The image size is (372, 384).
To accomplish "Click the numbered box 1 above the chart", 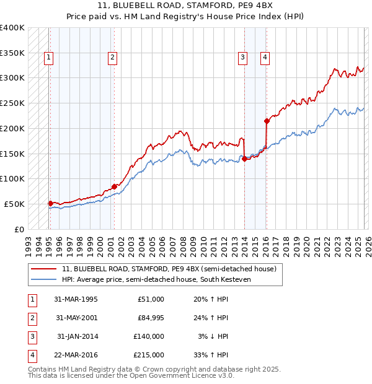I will click(48, 58).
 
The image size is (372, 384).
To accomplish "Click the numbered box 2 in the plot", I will click(112, 58).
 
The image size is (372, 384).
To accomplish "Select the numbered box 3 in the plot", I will click(243, 58).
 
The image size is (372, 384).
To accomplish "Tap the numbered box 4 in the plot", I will click(265, 58).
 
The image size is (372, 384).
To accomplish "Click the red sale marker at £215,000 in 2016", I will click(267, 121).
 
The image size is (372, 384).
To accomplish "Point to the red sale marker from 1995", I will click(50, 203).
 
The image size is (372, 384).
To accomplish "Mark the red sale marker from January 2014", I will click(244, 159).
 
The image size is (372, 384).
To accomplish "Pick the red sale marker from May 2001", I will click(114, 186).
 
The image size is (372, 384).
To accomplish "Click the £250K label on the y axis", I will click(12, 103).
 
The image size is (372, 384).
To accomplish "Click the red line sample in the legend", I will click(45, 269).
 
